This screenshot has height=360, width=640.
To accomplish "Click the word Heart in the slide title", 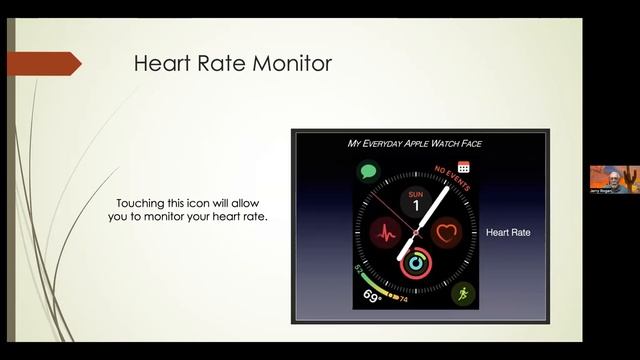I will (x=159, y=64).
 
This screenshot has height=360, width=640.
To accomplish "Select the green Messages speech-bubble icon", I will (x=369, y=173).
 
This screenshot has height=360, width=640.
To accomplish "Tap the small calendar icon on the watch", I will (x=464, y=167).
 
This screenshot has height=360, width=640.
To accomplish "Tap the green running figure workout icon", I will (x=461, y=294).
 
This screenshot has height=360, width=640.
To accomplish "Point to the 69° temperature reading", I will (x=373, y=297).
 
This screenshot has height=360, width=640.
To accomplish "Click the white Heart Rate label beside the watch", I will (x=507, y=233).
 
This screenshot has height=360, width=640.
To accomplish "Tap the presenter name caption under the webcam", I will (x=603, y=189).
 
